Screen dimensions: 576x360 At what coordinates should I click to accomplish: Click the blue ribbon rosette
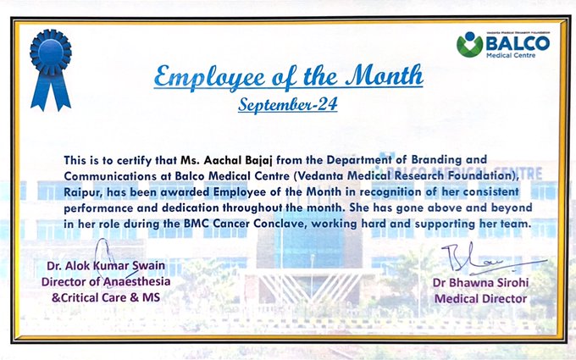pyautogui.click(x=51, y=69)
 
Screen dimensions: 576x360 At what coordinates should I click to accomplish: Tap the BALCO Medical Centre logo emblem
pyautogui.click(x=469, y=44)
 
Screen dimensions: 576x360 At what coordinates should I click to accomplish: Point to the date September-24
pyautogui.click(x=288, y=105)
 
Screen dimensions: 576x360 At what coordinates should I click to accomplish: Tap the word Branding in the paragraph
pyautogui.click(x=436, y=160)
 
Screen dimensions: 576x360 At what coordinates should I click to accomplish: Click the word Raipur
pyautogui.click(x=80, y=192)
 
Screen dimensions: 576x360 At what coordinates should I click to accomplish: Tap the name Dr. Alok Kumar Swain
pyautogui.click(x=106, y=266)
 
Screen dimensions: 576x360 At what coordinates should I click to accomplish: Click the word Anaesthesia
pyautogui.click(x=136, y=282)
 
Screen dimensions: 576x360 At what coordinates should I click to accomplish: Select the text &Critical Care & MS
pyautogui.click(x=106, y=297)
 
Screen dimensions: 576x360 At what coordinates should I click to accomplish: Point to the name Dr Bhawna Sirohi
pyautogui.click(x=481, y=282)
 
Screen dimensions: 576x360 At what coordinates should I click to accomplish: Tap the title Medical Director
pyautogui.click(x=480, y=299)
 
